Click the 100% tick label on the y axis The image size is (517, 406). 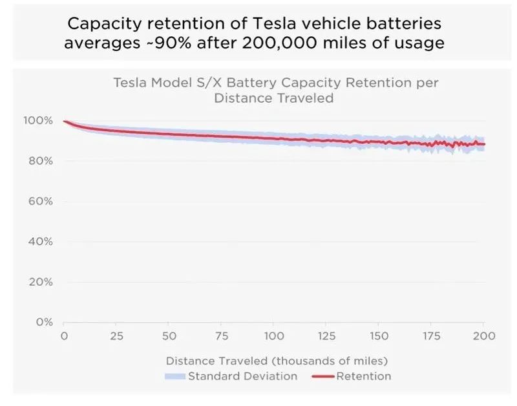click(x=41, y=121)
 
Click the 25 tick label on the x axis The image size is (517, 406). click(x=117, y=336)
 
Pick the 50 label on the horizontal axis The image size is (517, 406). click(x=169, y=336)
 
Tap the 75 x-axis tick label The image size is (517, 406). click(x=222, y=336)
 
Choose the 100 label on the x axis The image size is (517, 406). click(x=274, y=336)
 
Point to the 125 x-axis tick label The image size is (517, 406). click(x=326, y=336)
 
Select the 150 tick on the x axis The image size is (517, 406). click(x=379, y=336)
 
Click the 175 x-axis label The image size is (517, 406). click(x=432, y=336)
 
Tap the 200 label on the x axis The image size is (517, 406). click(x=484, y=336)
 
